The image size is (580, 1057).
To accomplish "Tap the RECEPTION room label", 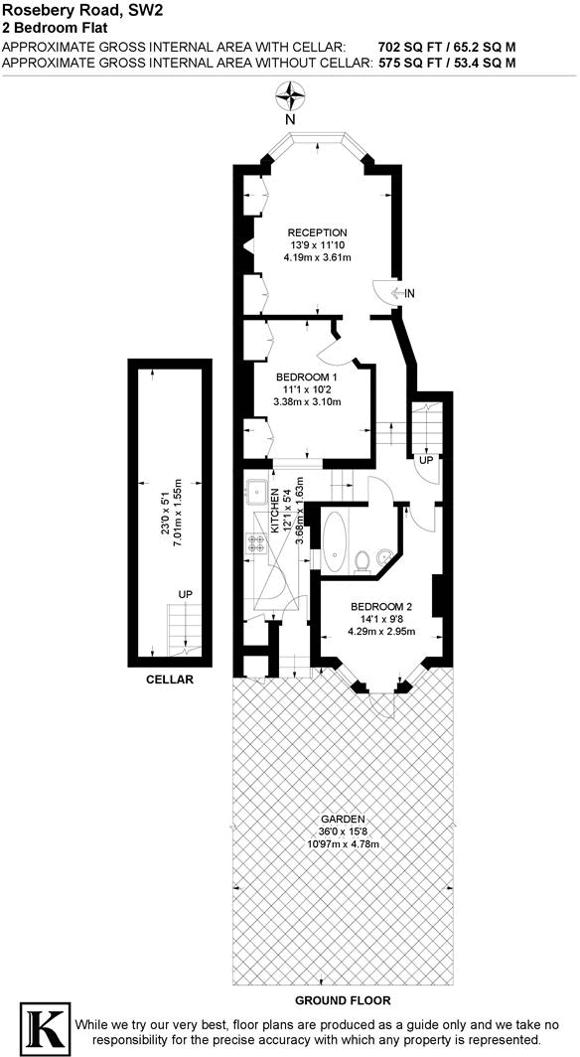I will tap(318, 232).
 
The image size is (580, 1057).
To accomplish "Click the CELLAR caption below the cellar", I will tap(169, 680).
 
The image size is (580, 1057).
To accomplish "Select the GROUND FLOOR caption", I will tap(342, 1001).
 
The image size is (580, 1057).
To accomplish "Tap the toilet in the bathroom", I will tap(363, 561).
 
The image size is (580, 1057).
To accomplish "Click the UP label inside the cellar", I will tap(185, 594).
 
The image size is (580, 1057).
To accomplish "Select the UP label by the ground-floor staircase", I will tap(425, 461).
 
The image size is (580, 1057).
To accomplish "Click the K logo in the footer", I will tap(43, 1028).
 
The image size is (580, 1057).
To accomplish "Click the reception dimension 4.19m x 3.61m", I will tap(318, 258).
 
